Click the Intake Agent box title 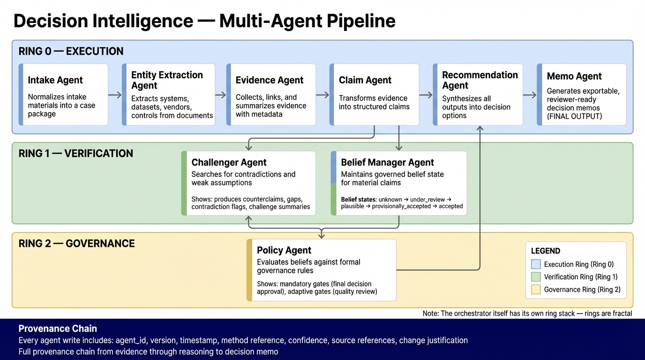point(55,80)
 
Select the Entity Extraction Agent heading point(167,80)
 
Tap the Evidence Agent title point(270,80)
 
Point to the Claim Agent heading point(365,80)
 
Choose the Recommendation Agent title point(480,80)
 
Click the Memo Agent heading point(574,76)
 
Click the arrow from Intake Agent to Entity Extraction point(115,95)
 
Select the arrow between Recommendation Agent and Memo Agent point(530,95)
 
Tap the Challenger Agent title point(229,163)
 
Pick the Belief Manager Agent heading point(387,163)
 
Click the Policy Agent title point(284,250)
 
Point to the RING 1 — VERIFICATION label point(76,154)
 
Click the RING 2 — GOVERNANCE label point(77,244)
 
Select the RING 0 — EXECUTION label point(71,52)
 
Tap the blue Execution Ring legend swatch point(536,264)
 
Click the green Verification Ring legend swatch point(536,277)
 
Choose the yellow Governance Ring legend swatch point(536,290)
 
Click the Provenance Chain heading point(58,329)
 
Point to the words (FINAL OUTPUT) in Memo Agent point(574,116)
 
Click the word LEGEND point(546,251)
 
